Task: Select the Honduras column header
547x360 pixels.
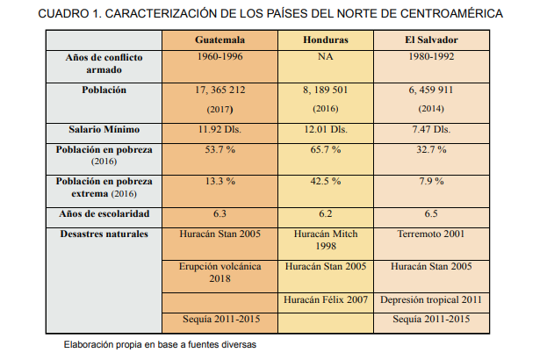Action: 325,40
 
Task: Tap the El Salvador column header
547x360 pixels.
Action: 430,40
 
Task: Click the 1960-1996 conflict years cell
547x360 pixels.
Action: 220,56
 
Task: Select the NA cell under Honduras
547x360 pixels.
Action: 325,56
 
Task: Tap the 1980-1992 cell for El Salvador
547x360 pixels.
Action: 430,56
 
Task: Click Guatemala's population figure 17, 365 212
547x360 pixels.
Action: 220,90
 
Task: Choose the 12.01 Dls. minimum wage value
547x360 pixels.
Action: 325,129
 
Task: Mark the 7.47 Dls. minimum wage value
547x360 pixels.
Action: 430,129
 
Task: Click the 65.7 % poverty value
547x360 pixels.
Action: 325,149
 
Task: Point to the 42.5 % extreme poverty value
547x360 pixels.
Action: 325,181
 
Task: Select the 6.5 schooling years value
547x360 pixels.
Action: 430,214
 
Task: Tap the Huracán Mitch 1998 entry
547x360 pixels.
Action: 325,241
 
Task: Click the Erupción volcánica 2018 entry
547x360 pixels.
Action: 220,272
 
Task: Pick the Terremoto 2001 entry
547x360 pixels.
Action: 430,234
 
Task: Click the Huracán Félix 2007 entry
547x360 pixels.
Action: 325,300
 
